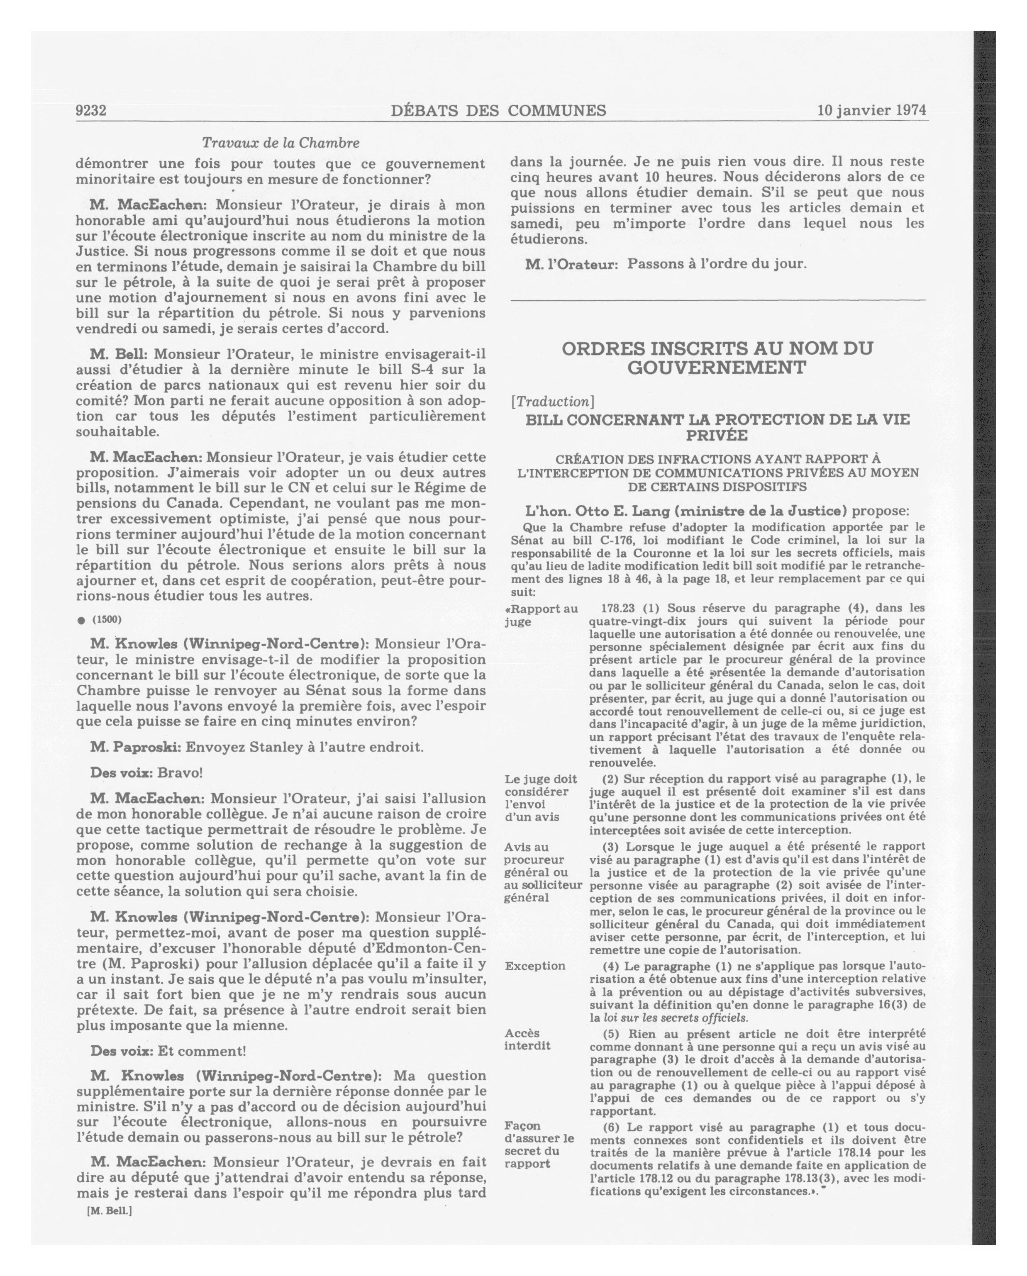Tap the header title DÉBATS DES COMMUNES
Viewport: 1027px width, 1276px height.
point(498,111)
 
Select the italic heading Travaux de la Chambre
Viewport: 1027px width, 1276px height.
point(281,143)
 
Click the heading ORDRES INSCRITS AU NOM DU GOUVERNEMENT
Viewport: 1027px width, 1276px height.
point(717,358)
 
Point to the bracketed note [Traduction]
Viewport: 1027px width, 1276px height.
point(552,401)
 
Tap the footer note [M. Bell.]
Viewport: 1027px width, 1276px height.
point(110,1210)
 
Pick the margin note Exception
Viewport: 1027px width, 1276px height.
point(534,966)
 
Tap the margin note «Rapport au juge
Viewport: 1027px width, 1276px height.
point(540,615)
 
